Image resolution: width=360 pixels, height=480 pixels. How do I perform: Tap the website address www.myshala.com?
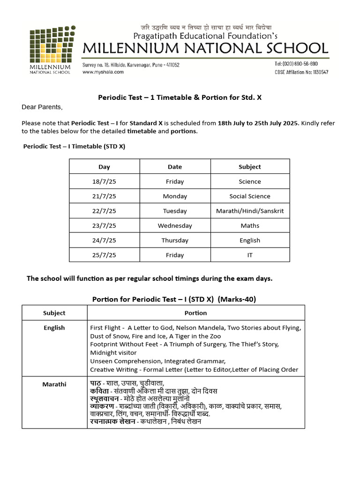(x=103, y=72)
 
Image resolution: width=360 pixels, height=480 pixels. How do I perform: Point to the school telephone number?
(x=296, y=64)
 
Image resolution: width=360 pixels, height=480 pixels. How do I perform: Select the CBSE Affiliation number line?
(x=301, y=72)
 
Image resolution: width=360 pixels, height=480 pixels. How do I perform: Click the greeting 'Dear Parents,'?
(x=42, y=107)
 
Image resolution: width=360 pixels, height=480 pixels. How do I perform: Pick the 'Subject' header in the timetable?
(x=250, y=167)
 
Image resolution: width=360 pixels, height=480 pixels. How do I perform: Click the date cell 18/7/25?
(x=104, y=181)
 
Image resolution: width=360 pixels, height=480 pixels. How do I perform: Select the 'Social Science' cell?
(x=250, y=196)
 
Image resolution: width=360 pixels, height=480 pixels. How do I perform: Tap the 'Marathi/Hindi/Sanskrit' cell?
(x=250, y=211)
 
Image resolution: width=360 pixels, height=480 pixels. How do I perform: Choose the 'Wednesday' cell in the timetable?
(x=175, y=225)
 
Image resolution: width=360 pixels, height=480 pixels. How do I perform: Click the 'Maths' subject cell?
(x=250, y=225)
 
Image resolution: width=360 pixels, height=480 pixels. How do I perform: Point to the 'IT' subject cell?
(x=250, y=255)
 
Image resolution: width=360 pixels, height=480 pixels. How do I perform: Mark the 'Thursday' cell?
(x=175, y=240)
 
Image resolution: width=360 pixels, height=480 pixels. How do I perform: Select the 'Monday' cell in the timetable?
(x=175, y=196)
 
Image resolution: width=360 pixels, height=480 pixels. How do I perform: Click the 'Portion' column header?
(x=195, y=313)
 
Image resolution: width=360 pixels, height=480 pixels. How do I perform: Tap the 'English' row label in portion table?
(x=54, y=328)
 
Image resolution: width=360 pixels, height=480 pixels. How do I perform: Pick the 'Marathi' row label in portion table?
(x=54, y=384)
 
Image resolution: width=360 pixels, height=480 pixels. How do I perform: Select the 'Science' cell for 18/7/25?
(x=250, y=181)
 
